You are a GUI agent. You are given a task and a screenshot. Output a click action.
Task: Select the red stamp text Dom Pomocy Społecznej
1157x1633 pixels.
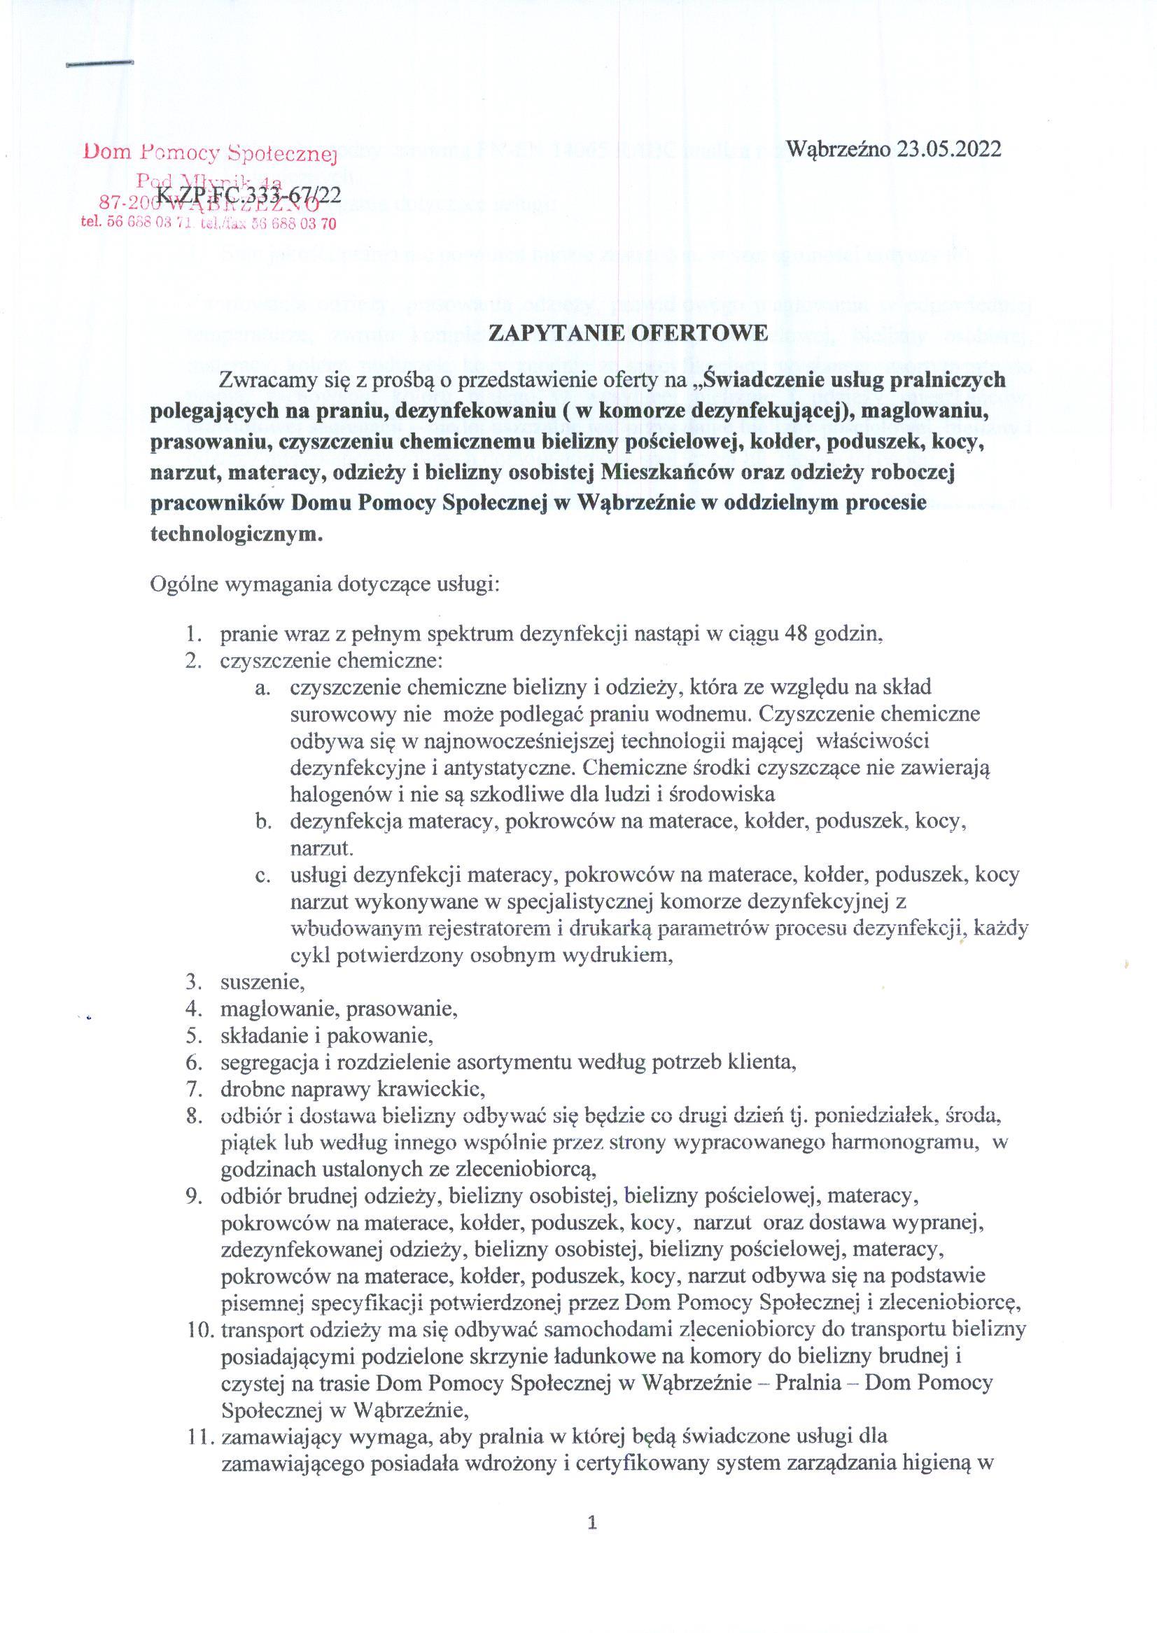click(x=209, y=151)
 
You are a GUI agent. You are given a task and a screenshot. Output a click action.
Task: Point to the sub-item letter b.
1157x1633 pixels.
click(x=265, y=822)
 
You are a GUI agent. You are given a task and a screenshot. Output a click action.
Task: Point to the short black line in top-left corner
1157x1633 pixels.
click(x=99, y=64)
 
